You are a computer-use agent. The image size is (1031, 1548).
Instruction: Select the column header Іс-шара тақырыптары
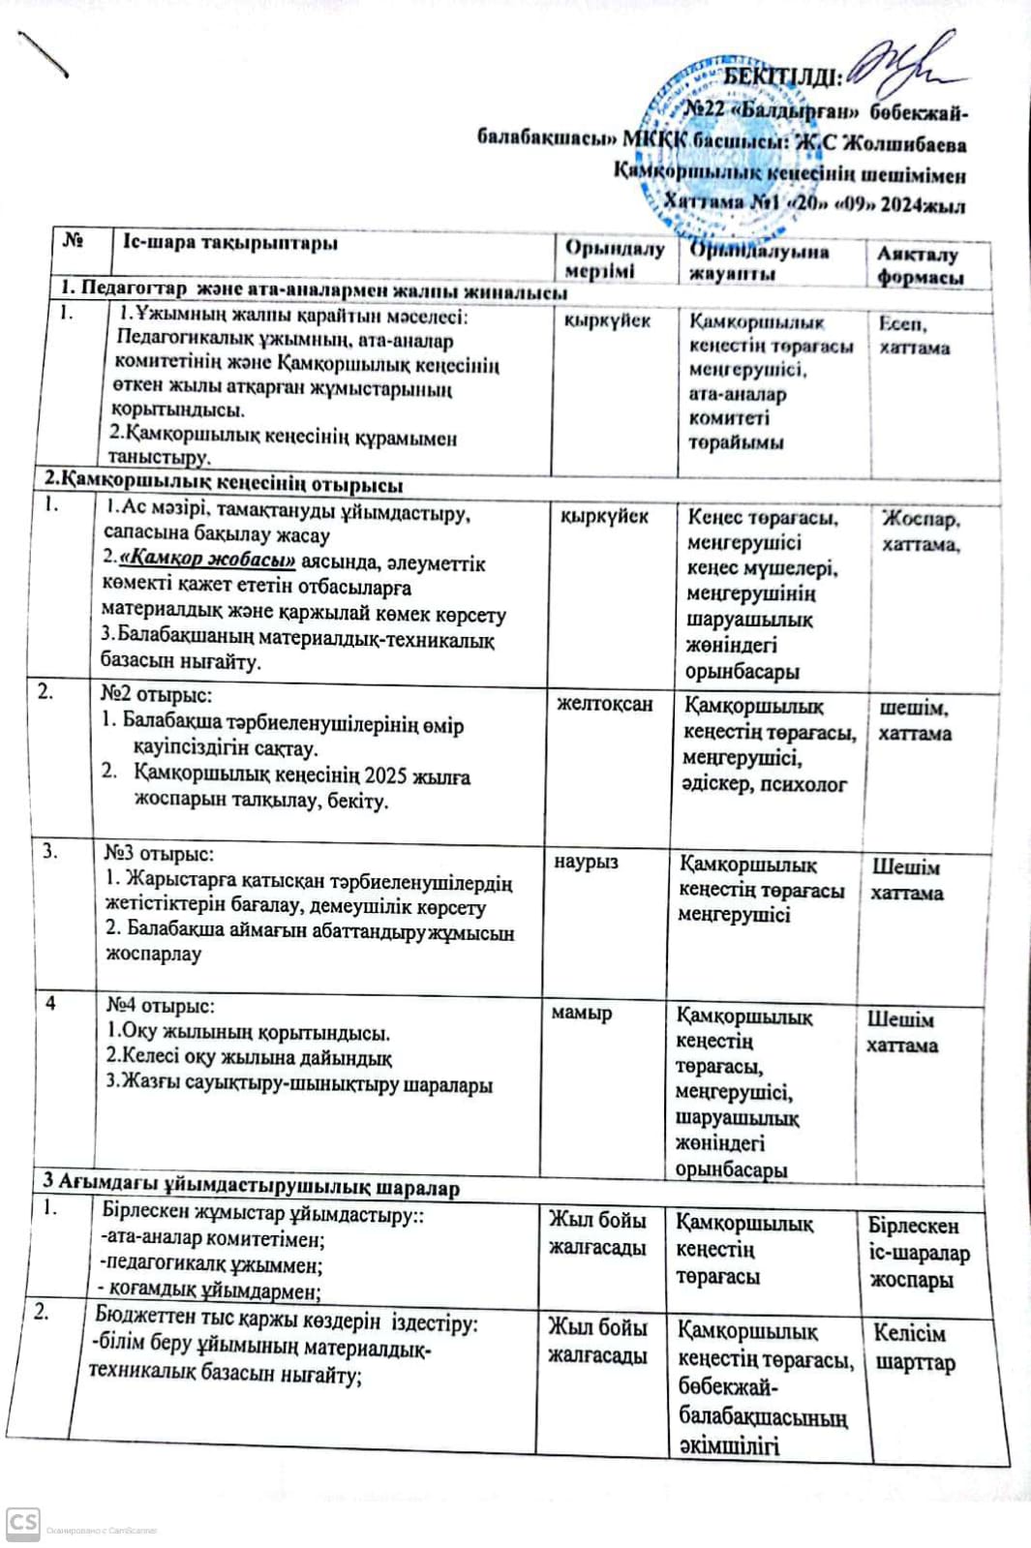click(230, 243)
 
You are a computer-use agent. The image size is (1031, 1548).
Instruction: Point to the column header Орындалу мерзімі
click(614, 259)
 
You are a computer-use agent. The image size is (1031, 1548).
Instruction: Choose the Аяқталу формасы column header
click(920, 265)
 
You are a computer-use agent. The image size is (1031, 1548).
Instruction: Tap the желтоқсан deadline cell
click(604, 704)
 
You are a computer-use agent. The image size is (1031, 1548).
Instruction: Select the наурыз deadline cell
click(586, 862)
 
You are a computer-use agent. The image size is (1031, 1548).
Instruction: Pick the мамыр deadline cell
click(581, 1014)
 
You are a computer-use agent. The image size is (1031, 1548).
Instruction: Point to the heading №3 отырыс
click(159, 854)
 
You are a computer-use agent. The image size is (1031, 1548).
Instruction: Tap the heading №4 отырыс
click(161, 1006)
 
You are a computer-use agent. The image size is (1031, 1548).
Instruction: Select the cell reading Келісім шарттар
click(914, 1348)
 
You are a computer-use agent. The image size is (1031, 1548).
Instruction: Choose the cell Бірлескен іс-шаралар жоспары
click(918, 1253)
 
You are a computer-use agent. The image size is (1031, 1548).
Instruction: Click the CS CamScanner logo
click(22, 1523)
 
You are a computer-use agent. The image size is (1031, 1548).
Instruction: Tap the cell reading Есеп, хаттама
click(914, 336)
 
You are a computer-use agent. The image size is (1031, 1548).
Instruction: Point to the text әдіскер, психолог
click(764, 784)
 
